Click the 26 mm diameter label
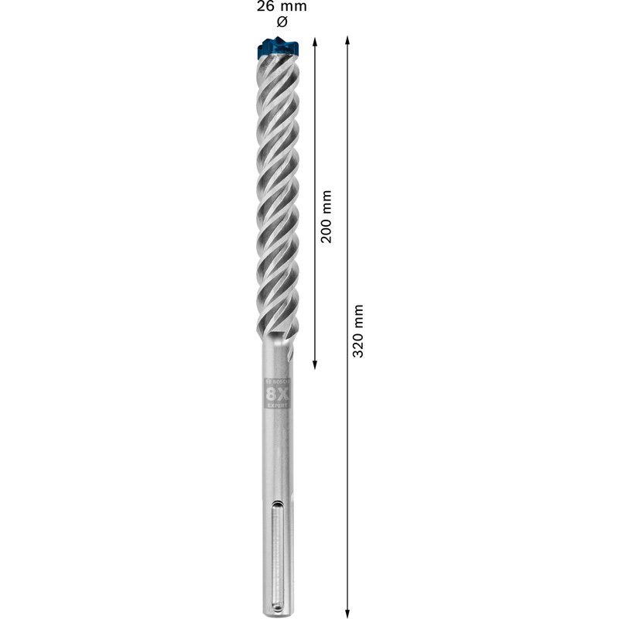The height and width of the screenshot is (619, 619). (x=282, y=6)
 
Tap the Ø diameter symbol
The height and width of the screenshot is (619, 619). (x=282, y=22)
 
